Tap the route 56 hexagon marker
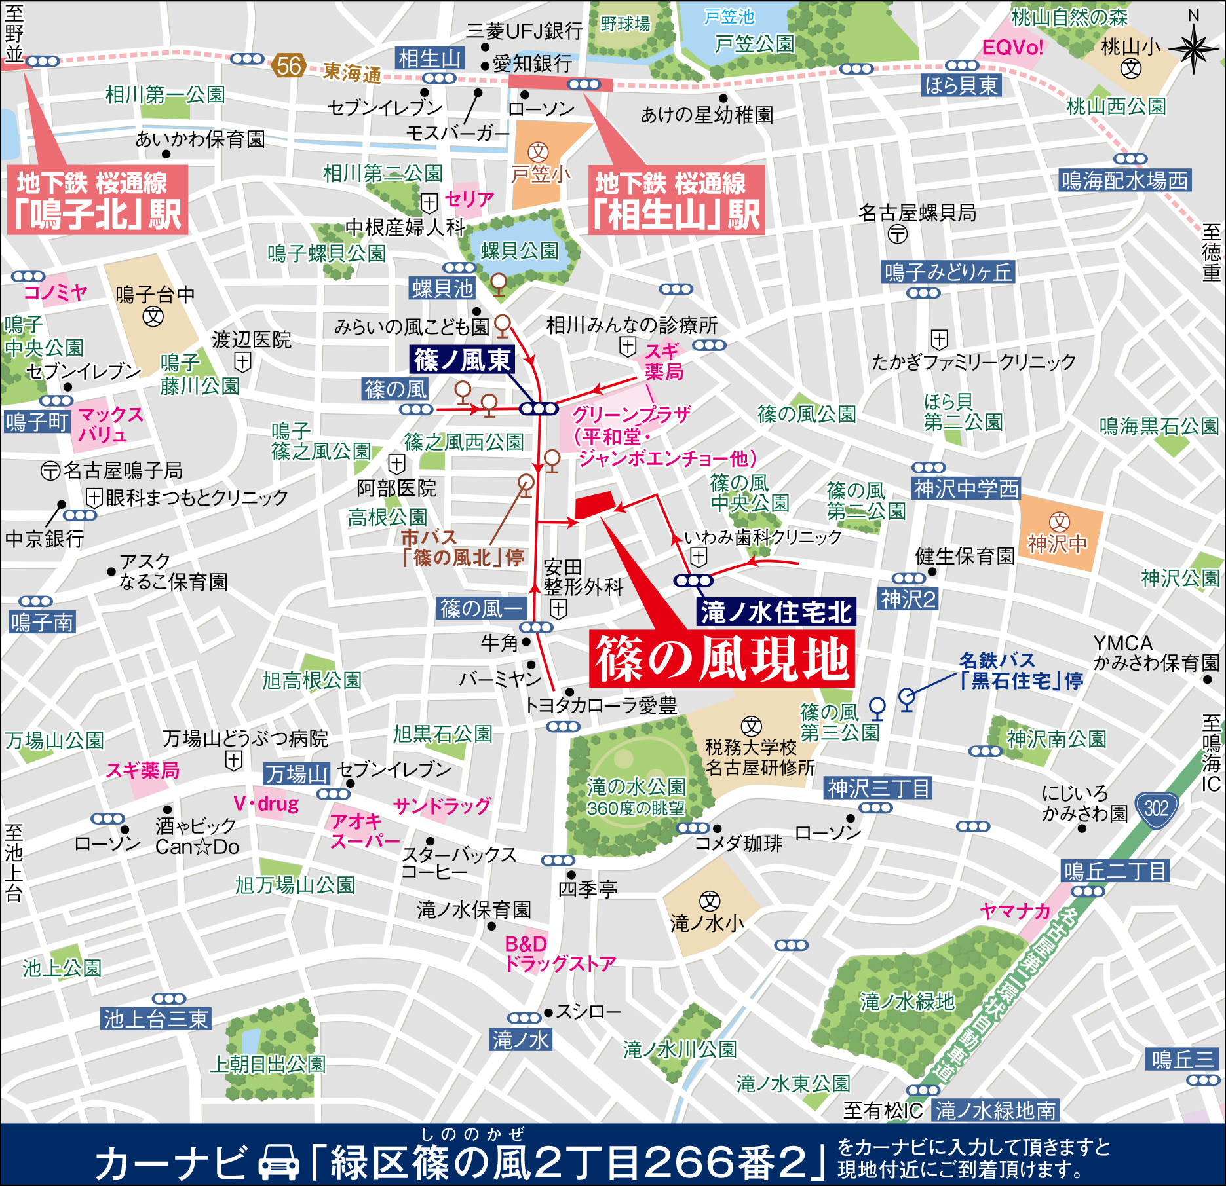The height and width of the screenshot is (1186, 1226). (288, 65)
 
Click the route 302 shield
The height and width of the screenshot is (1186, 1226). (1156, 809)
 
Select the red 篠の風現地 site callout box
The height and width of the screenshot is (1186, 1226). (721, 659)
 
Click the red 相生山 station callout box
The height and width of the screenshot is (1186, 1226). (676, 200)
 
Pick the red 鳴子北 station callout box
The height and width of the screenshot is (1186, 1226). (98, 200)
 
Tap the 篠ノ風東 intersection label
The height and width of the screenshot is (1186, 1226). (462, 360)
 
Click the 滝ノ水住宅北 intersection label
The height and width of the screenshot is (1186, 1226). (776, 612)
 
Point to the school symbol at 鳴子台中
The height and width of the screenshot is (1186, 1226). (153, 317)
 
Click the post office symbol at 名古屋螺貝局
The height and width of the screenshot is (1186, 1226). (898, 234)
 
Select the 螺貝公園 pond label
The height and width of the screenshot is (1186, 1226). (519, 251)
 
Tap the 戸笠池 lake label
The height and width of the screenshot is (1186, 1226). (729, 16)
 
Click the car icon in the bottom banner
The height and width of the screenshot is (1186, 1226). (278, 1161)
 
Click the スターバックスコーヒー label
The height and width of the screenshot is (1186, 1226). (459, 863)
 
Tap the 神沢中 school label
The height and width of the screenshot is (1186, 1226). (1057, 544)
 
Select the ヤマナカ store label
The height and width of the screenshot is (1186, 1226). (1015, 911)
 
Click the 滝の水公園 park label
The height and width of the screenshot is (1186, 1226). (636, 786)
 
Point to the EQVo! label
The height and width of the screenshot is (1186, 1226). (1012, 48)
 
